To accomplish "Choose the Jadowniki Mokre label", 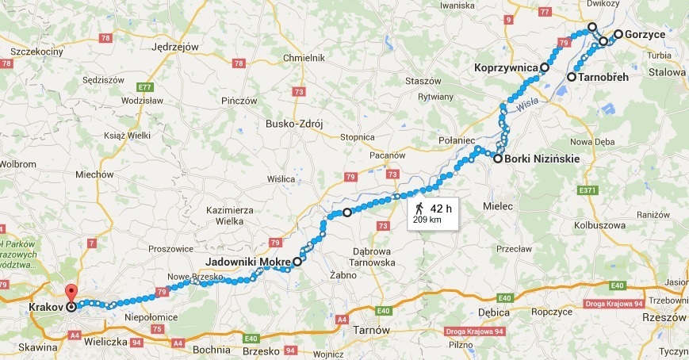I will pos(247,261).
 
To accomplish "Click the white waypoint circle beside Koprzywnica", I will pos(545,68).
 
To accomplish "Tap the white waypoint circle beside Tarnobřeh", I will pos(571,77).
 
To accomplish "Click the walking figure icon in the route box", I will pos(419,209).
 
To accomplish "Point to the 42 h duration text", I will pos(441,209).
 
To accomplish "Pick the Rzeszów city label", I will pos(665,317).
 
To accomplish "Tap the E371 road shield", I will pos(586,190).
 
